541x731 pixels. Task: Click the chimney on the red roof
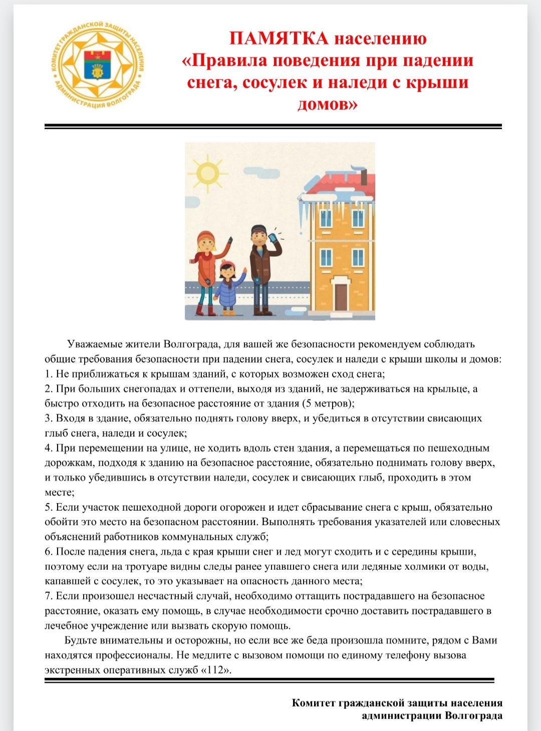[364, 176]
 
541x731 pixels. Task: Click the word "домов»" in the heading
[328, 104]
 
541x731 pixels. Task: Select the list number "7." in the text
[49, 596]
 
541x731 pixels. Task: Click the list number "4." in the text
[49, 448]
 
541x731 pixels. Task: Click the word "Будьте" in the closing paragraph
[81, 640]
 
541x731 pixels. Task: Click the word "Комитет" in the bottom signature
[314, 703]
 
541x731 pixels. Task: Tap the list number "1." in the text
[49, 374]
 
